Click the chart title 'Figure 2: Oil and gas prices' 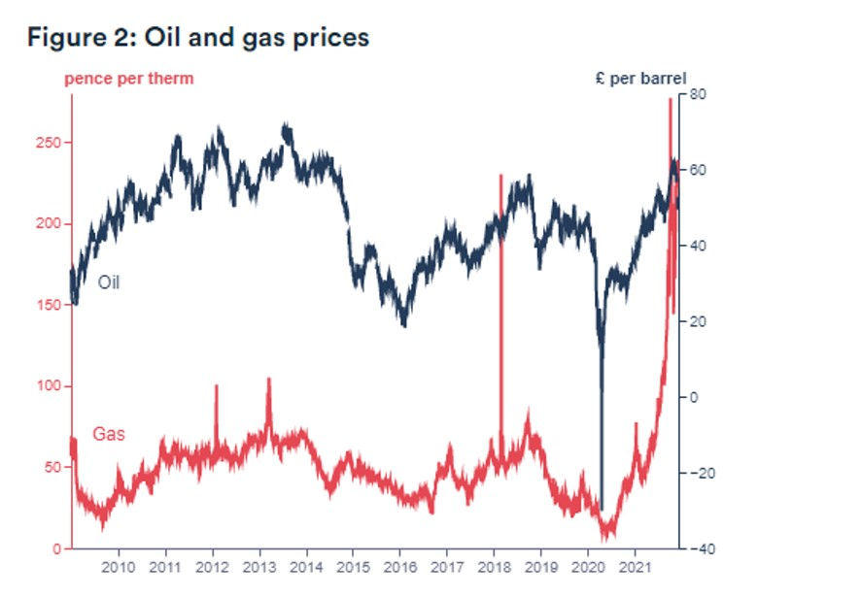198,38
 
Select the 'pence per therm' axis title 129,79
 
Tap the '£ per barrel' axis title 640,78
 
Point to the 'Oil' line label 109,282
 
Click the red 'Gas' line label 109,434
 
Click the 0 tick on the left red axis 57,549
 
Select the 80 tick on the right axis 697,94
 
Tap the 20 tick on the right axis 697,321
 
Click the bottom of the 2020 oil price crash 602,509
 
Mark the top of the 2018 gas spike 500,176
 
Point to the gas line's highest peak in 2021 669,99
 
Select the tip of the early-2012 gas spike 216,385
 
